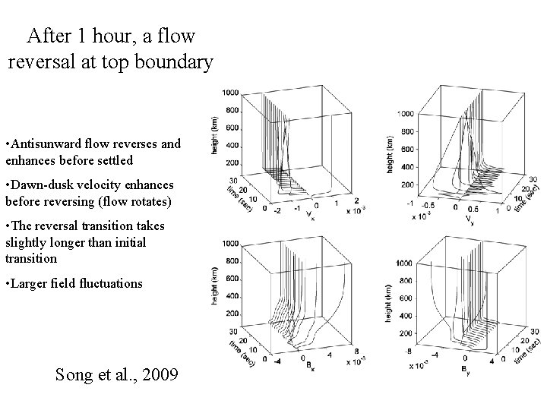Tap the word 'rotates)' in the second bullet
coord(152,202)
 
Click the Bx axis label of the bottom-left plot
coord(308,368)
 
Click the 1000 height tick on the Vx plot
coord(231,92)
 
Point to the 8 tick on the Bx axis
coord(356,350)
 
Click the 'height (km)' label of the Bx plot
coord(215,286)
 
